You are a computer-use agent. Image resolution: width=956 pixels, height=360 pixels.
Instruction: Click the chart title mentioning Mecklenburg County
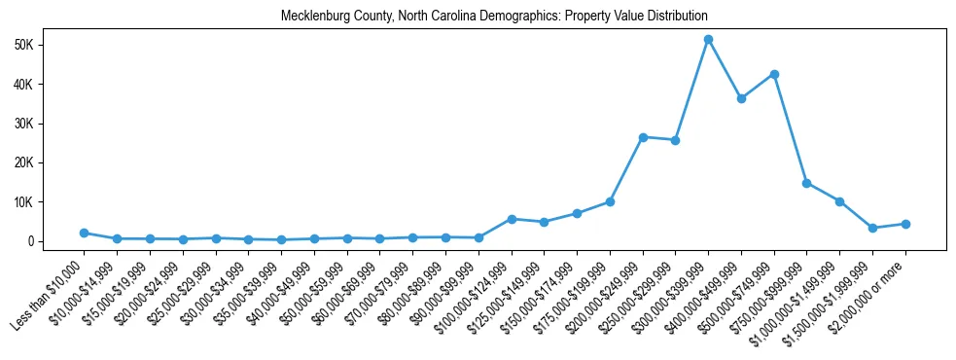pos(493,17)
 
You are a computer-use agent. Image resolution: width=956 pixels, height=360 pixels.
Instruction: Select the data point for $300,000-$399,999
pos(708,39)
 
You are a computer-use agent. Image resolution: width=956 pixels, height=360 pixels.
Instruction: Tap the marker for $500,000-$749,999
pos(774,74)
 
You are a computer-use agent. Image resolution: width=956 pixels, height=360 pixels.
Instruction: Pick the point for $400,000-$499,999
pos(741,98)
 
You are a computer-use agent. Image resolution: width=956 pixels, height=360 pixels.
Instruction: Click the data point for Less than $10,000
pos(85,233)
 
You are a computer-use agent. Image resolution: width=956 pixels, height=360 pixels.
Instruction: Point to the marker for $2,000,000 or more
pos(905,224)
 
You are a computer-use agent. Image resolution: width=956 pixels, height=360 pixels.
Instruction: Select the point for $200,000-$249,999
pos(643,137)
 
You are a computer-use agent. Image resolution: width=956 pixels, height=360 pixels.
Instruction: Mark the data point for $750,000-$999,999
pos(807,183)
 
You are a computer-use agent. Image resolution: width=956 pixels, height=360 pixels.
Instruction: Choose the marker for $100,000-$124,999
pos(512,219)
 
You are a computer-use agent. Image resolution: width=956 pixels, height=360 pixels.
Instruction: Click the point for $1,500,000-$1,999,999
pos(872,228)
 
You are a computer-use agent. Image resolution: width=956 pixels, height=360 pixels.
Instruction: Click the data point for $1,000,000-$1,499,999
pos(840,201)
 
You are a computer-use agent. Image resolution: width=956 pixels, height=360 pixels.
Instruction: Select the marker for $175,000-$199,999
pos(610,201)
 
